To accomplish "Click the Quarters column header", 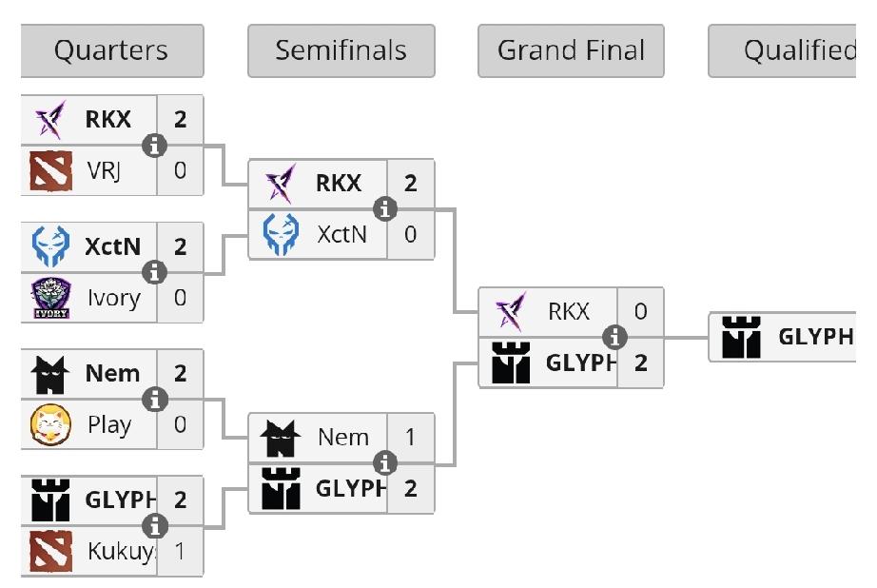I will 111,50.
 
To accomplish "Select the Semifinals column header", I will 341,50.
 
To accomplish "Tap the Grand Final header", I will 571,50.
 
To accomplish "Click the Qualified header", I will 795,50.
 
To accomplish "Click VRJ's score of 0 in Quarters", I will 180,171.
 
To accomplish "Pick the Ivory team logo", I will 50,298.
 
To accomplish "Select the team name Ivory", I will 113,298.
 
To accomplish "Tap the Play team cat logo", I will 50,424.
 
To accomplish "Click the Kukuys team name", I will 120,551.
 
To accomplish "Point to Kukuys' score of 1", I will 180,551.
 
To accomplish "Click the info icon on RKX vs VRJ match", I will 154,146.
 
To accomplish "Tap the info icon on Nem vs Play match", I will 154,400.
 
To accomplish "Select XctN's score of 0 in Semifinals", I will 410,234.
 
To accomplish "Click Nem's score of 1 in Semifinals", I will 410,438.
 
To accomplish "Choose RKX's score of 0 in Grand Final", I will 640,311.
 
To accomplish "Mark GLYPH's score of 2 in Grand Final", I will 640,363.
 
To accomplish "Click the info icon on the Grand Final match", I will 615,337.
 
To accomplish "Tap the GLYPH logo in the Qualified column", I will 741,337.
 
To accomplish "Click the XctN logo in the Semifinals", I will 281,234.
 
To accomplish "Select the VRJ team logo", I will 50,171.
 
